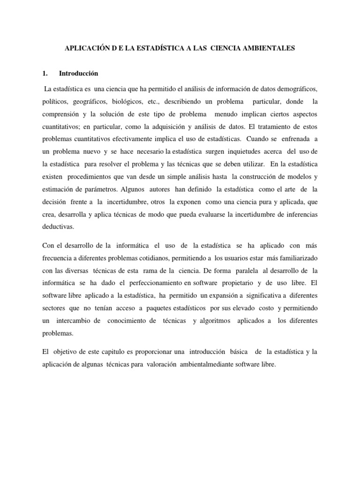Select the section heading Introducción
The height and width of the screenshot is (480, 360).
tap(79, 74)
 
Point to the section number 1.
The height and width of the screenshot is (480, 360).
tap(45, 74)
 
